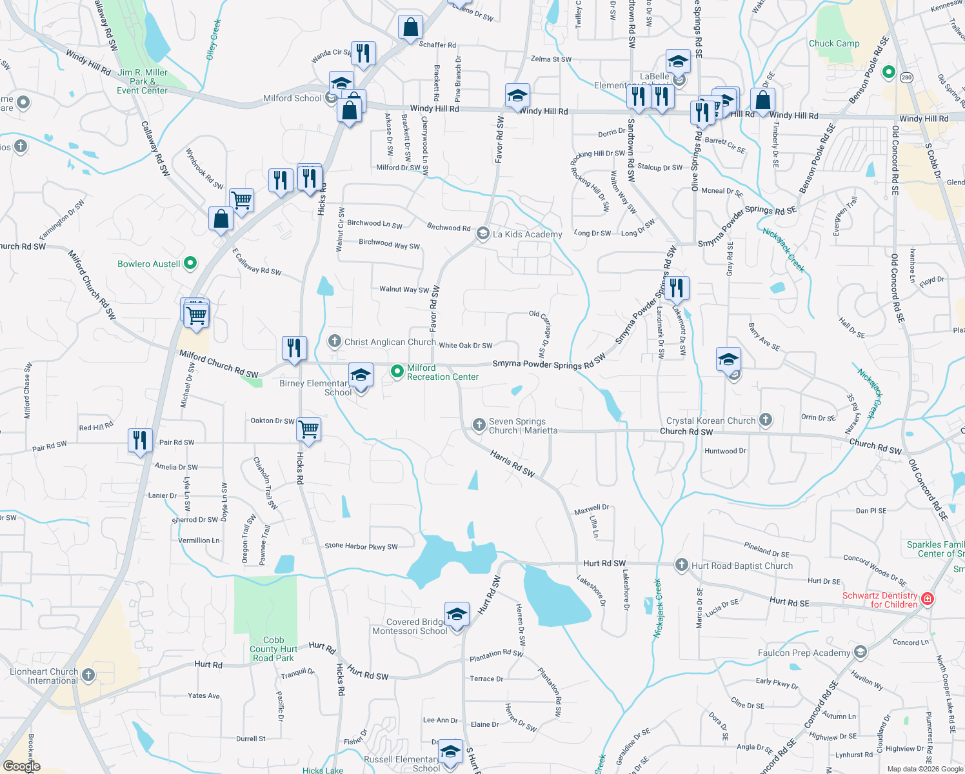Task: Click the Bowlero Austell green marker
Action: coord(190,263)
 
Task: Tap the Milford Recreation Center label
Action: coord(443,372)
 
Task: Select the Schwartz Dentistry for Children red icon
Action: coord(928,599)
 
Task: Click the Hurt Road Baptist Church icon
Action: coord(681,565)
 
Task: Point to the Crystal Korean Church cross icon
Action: coord(766,420)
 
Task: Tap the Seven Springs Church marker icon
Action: coord(479,424)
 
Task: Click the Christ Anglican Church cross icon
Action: coord(334,341)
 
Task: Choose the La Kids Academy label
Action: coord(527,234)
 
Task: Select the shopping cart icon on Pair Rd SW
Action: coord(309,428)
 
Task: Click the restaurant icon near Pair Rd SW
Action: coord(140,440)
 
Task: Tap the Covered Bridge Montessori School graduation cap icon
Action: coord(457,614)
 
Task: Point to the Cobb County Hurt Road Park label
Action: coord(274,649)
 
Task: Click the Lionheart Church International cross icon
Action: coord(88,675)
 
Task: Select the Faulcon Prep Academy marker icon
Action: coord(860,652)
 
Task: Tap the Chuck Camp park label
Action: coord(834,43)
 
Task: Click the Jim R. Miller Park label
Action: coord(143,81)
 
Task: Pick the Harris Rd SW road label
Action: coord(512,464)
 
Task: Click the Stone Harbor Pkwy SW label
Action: coord(361,546)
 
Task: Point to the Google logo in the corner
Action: coord(22,766)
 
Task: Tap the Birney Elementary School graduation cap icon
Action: coord(361,375)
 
